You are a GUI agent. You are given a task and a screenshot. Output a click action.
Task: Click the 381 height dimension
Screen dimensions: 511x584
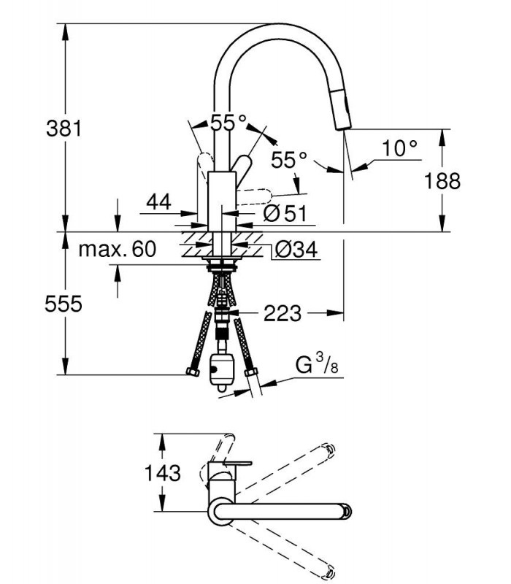[64, 128]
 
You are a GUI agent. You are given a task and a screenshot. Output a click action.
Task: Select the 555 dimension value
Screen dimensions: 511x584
[64, 304]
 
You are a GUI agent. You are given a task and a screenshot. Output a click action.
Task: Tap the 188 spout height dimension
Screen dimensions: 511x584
[442, 181]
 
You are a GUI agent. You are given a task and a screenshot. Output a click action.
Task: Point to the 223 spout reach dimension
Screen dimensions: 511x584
[283, 313]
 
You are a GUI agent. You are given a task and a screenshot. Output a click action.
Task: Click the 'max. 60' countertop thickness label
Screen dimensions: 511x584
[118, 249]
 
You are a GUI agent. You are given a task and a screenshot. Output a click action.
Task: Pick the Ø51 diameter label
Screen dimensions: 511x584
[285, 213]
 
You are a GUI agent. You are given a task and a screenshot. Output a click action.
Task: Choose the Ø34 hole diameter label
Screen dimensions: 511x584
[296, 249]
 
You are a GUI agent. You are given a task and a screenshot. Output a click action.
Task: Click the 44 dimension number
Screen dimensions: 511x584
[158, 202]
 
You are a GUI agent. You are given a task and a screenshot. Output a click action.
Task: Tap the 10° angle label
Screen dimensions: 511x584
[399, 148]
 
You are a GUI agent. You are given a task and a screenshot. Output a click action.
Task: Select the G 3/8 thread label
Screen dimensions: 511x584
[317, 364]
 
